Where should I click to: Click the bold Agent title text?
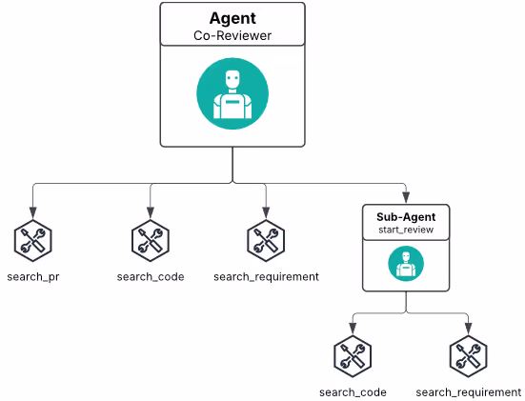[232, 19]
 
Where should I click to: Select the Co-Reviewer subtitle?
[232, 36]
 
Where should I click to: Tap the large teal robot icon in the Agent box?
[232, 93]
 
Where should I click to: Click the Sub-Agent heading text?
[406, 217]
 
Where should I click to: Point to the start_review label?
[406, 230]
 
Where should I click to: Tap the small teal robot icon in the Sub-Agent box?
[406, 264]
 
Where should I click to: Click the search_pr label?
[33, 277]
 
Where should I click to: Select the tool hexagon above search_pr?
[32, 241]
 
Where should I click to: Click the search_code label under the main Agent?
[151, 277]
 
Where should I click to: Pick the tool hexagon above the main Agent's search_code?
[151, 241]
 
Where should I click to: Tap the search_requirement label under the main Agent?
[266, 277]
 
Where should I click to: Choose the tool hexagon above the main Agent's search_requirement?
[266, 241]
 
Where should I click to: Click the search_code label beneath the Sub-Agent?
[353, 392]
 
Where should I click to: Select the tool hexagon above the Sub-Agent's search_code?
[353, 356]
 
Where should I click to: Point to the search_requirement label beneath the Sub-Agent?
[469, 392]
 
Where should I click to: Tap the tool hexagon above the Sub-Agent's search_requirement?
[469, 356]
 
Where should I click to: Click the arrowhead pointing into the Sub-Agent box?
[406, 197]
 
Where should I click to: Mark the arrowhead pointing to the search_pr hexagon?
[32, 212]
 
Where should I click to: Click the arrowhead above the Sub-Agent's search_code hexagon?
[353, 328]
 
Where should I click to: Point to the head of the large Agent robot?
[232, 80]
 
